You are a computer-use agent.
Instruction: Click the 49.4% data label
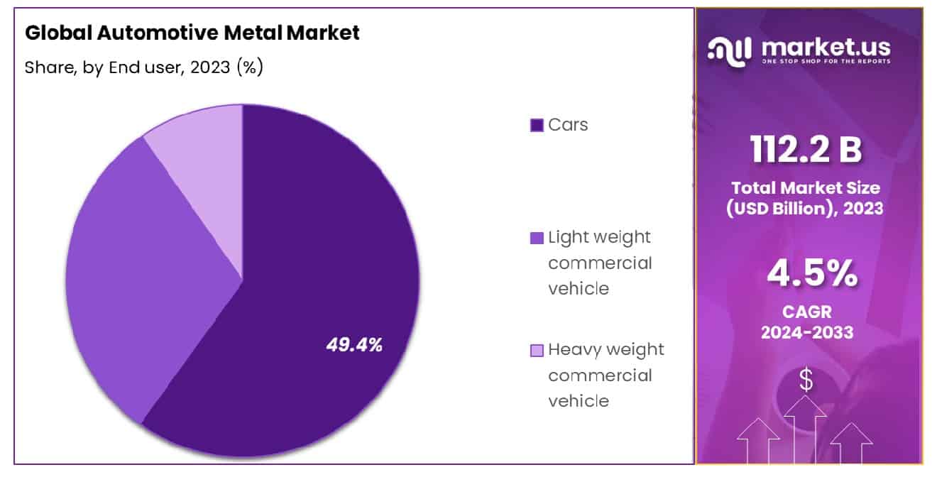(354, 346)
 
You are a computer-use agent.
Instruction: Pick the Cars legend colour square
(537, 126)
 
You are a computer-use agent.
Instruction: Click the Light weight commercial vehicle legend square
(537, 238)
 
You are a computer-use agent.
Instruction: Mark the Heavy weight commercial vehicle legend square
(537, 350)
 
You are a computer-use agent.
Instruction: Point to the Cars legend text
(568, 125)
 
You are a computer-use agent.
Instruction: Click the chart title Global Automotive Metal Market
(192, 33)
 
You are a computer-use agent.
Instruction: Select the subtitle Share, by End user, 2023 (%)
(144, 67)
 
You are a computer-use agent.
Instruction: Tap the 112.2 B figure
(807, 149)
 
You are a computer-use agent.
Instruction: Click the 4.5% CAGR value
(807, 275)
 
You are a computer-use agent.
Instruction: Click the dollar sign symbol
(806, 382)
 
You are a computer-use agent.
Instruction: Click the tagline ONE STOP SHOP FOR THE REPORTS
(826, 62)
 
